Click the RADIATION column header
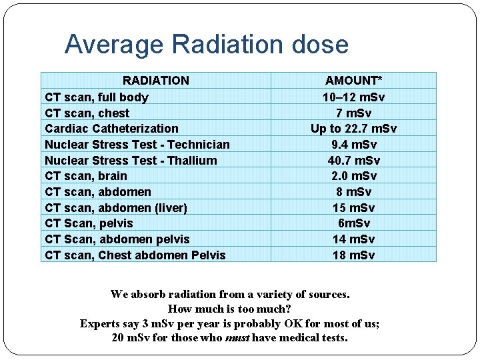(156, 81)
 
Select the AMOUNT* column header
(353, 81)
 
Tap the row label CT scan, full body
(97, 97)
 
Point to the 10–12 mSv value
(353, 97)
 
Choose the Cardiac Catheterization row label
(111, 129)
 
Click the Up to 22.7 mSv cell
(353, 129)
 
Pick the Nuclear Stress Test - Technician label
(137, 145)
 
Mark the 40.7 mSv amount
(353, 161)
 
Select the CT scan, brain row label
(85, 176)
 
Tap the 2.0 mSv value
(353, 176)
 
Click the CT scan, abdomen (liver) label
(116, 208)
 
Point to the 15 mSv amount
(353, 208)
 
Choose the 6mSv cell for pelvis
(353, 223)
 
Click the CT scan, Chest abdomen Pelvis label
(135, 255)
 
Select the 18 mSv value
(353, 255)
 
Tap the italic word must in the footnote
(237, 338)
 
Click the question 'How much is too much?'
(229, 309)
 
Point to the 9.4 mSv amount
(353, 145)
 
